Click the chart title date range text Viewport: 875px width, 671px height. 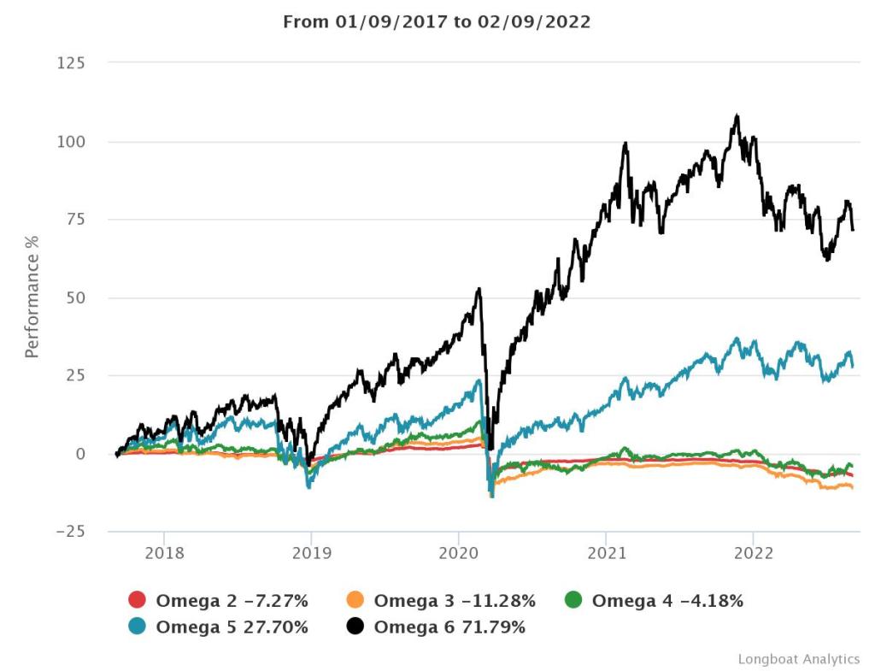pos(437,22)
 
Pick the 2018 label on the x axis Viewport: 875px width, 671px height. pos(163,553)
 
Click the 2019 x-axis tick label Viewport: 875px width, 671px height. pos(311,553)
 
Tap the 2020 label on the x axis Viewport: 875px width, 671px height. pos(458,553)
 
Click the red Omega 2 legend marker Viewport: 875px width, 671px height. pos(138,601)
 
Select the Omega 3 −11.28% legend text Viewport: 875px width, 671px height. pos(455,601)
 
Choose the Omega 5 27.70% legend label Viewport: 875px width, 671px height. pos(232,627)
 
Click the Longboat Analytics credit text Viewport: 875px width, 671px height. pos(798,659)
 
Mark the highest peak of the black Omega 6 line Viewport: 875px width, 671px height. pos(737,115)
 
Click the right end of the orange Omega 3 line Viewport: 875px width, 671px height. pos(852,488)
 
